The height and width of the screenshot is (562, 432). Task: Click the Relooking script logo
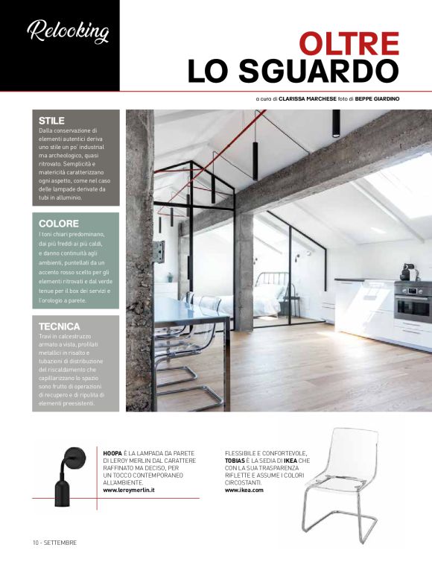coord(67,32)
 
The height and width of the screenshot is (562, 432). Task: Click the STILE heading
coord(52,121)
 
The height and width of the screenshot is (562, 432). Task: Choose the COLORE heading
coord(59,224)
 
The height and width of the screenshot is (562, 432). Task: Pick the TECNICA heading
coord(60,326)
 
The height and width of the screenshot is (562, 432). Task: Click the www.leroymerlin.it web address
coord(133,490)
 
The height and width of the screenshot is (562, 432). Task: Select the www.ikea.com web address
coord(244,490)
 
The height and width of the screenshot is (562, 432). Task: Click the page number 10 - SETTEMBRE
coord(54,542)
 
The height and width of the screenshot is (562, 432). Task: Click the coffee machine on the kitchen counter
coord(407,271)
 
